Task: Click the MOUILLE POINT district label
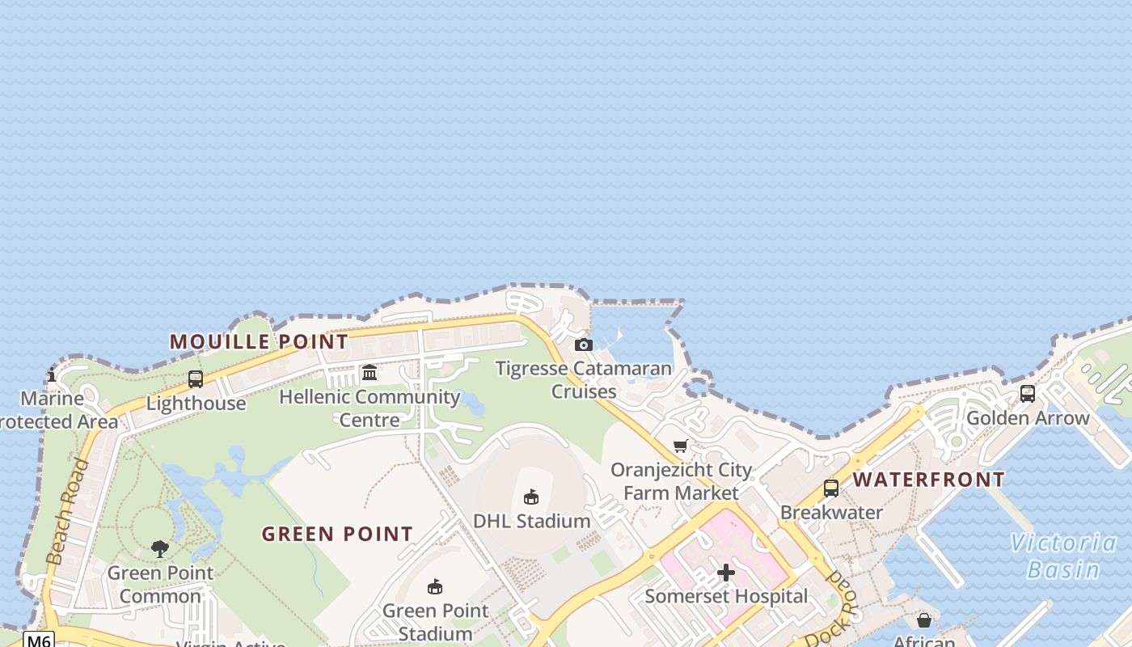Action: point(259,341)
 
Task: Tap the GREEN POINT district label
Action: point(337,534)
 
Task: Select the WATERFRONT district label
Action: point(929,480)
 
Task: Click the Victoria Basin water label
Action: point(1062,556)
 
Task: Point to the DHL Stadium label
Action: point(531,521)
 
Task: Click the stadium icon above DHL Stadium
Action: point(531,497)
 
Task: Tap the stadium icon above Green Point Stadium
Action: point(435,586)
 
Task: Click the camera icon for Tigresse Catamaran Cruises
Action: point(583,345)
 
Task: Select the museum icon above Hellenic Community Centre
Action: point(370,372)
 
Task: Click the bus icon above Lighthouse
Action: point(196,378)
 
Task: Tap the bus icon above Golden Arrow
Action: point(1028,394)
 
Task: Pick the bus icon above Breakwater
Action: point(831,488)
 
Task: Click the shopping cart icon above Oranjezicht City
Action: point(681,446)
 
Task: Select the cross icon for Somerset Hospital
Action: point(726,573)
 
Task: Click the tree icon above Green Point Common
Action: point(160,549)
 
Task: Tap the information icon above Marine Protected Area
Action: point(52,374)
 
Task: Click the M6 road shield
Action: point(38,640)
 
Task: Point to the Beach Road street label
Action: point(68,511)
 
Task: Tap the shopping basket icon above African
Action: point(924,620)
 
